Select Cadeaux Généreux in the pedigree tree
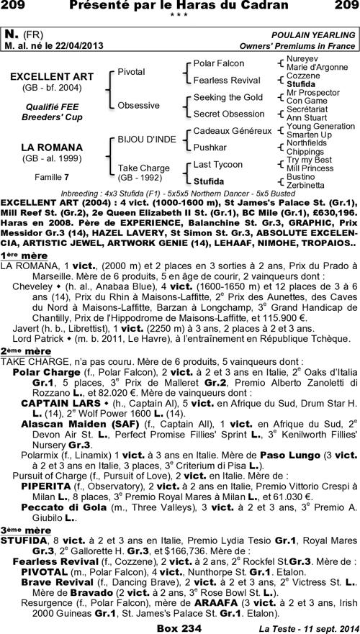pos(232,131)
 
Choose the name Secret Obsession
pos(229,113)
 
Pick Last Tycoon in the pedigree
pos(218,165)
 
